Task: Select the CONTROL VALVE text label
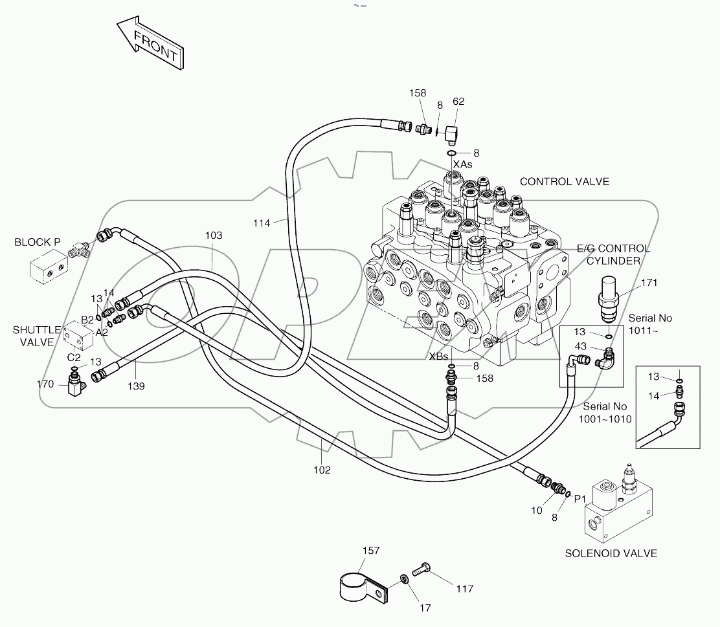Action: click(x=565, y=182)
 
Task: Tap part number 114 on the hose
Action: click(x=262, y=223)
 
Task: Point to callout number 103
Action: click(x=214, y=236)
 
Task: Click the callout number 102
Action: click(x=322, y=470)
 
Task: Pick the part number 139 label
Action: click(x=135, y=386)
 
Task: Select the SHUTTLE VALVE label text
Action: click(x=37, y=336)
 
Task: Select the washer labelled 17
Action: click(x=404, y=578)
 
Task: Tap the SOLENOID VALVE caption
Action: click(x=611, y=553)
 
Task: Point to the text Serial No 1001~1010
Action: click(x=605, y=412)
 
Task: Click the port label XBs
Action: click(x=438, y=356)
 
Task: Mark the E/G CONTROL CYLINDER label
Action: click(x=614, y=254)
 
